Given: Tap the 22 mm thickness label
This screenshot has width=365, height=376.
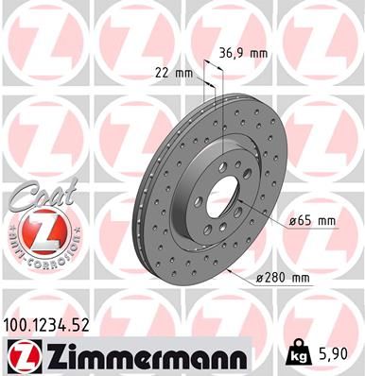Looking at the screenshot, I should [x=172, y=73].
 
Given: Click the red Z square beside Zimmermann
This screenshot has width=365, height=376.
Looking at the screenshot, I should [x=20, y=355].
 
